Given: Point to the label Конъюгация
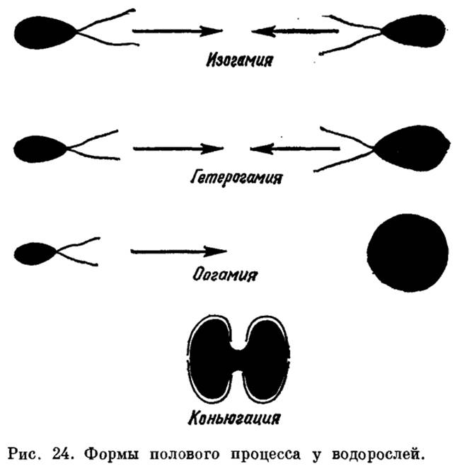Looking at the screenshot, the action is point(233,414).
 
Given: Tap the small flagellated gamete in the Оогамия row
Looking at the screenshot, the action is point(35,251).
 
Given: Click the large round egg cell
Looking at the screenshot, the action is point(408,251).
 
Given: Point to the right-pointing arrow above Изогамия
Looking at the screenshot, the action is point(177,30).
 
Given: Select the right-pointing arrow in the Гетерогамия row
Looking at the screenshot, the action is point(177,149).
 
